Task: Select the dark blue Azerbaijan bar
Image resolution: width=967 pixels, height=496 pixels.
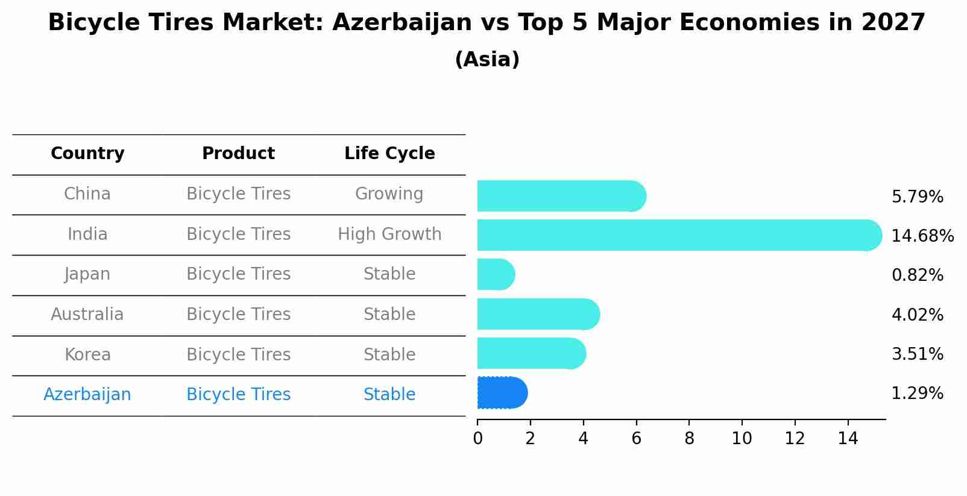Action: (x=502, y=393)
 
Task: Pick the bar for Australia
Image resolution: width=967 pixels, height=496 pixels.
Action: (x=538, y=314)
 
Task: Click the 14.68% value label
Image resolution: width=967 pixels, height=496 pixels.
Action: (x=922, y=236)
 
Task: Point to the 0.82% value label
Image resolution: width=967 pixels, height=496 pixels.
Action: (x=917, y=275)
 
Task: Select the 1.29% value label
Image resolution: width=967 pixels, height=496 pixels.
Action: (x=917, y=394)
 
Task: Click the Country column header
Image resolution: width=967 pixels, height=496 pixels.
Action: (x=87, y=154)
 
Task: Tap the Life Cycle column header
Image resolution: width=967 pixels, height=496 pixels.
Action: (x=389, y=154)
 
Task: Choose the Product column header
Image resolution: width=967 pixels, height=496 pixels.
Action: (x=238, y=154)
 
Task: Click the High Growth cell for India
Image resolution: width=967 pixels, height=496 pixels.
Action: (x=389, y=234)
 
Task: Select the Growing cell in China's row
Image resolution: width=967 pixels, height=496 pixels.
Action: (x=389, y=194)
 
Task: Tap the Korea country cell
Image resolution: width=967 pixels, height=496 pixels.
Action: (x=87, y=354)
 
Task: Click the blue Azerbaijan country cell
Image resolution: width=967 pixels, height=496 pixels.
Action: (x=87, y=395)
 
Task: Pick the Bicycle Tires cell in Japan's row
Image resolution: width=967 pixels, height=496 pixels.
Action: (x=238, y=274)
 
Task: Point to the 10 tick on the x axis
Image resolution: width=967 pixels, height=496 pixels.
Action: (x=742, y=439)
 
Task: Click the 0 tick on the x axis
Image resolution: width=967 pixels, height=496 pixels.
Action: (x=477, y=439)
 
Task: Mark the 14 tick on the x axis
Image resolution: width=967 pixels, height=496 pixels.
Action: (x=848, y=439)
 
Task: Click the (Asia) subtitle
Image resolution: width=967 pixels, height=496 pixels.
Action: (x=487, y=60)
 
